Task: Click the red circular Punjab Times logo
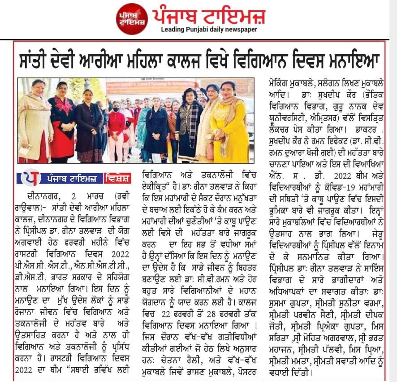tap(132, 19)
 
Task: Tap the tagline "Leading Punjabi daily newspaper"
tap(209, 30)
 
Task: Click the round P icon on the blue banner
tap(30, 178)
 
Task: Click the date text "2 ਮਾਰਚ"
tap(85, 195)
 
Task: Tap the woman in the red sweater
tap(116, 130)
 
